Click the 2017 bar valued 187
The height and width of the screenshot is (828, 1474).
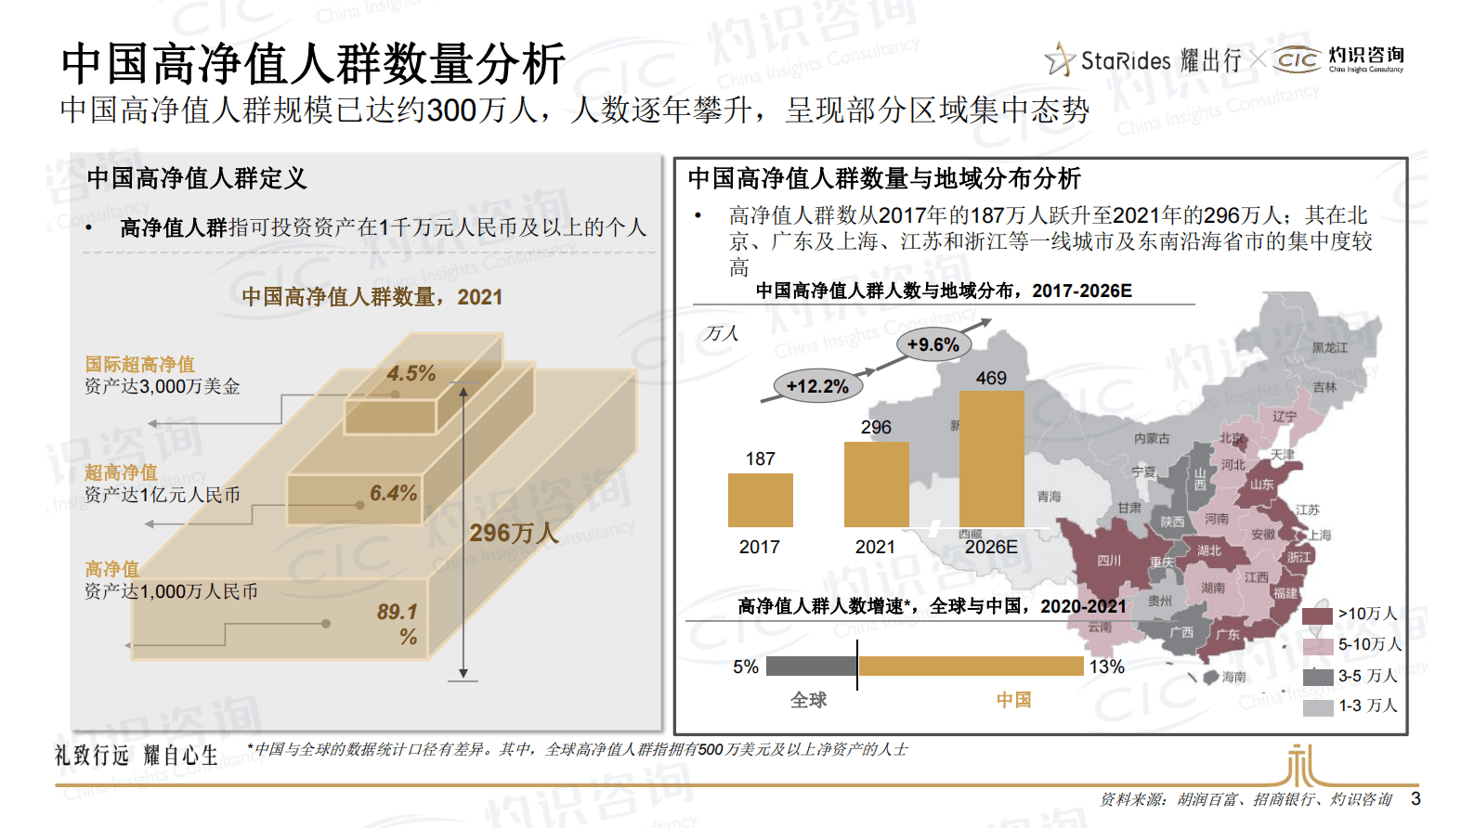(760, 500)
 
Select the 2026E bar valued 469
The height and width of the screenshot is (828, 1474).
(991, 459)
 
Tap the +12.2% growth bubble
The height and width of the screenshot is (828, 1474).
(817, 386)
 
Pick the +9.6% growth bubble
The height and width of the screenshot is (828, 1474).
(933, 344)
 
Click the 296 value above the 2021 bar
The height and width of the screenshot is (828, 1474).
(875, 427)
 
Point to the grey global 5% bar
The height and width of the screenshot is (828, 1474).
(810, 666)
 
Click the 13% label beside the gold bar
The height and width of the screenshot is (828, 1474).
(1106, 666)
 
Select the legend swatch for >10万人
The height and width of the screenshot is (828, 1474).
(1317, 615)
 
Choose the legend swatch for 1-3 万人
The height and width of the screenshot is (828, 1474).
(1317, 706)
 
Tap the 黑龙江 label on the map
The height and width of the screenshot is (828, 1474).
(1329, 347)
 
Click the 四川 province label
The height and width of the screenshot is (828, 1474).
(1109, 561)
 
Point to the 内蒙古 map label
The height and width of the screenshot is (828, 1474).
(1152, 438)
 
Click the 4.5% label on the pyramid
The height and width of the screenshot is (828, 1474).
(411, 373)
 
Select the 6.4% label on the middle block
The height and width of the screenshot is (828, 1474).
(393, 493)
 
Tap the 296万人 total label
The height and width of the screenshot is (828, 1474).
(514, 533)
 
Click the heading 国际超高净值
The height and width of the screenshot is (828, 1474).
(140, 364)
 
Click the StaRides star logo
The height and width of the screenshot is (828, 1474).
(1059, 60)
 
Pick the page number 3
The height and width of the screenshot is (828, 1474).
(1415, 798)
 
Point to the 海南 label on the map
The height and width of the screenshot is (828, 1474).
(1233, 677)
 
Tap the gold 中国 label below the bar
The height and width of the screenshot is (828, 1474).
(1013, 700)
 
